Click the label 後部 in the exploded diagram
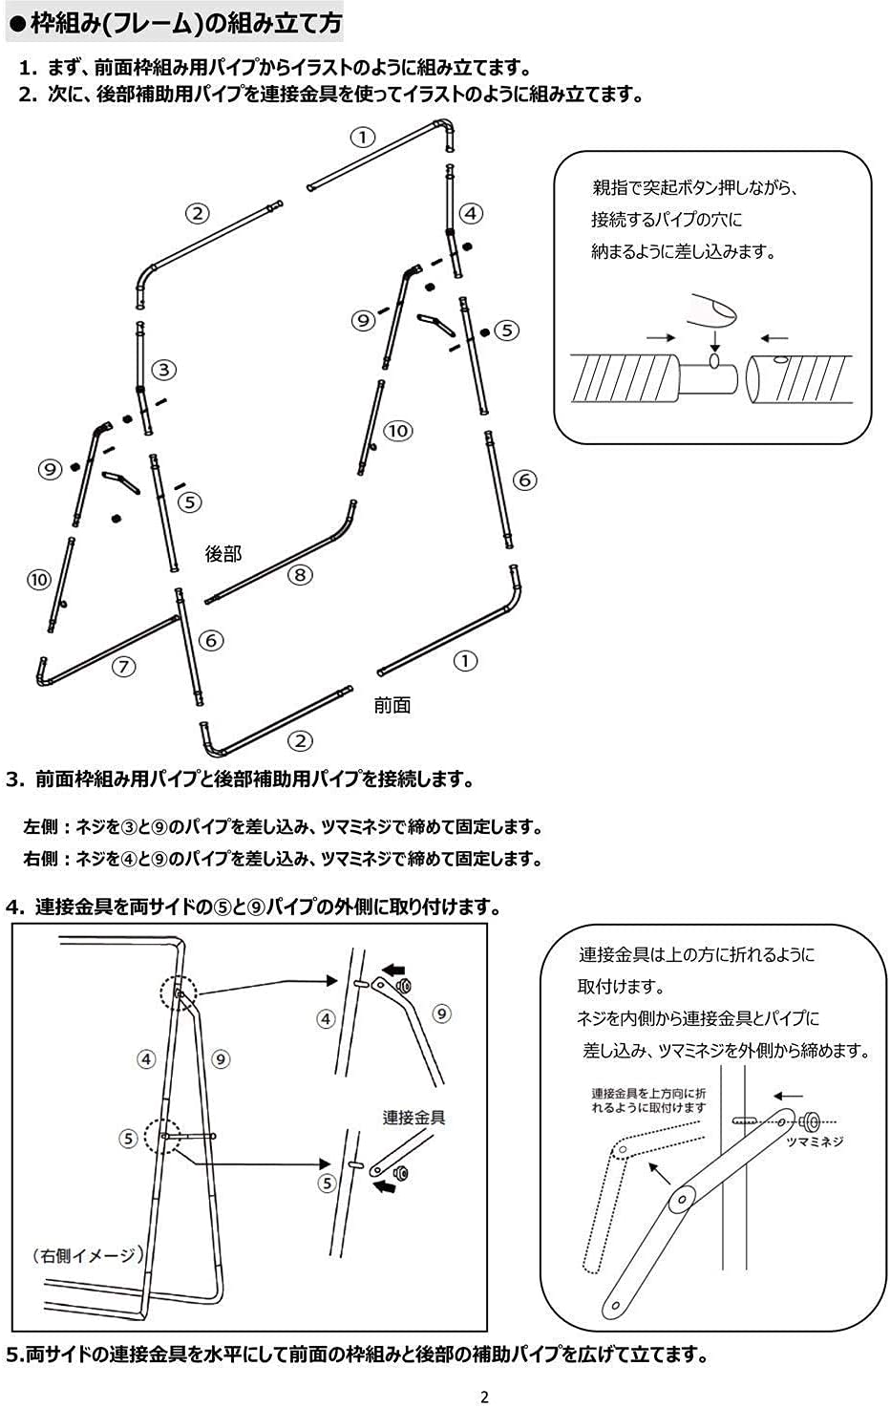[x=223, y=553]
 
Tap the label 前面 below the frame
[x=392, y=705]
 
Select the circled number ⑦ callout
[x=124, y=666]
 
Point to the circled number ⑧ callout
[x=300, y=574]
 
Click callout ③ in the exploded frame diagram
[x=164, y=370]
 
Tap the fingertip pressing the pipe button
[x=714, y=308]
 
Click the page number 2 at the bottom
[x=484, y=1397]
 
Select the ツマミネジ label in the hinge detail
[x=815, y=1141]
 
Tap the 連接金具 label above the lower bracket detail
[x=414, y=1117]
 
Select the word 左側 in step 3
[x=40, y=827]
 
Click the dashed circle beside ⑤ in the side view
[x=162, y=1137]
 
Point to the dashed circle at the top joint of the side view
[x=179, y=994]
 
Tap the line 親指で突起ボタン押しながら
[x=694, y=187]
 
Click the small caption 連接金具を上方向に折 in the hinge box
[x=648, y=1093]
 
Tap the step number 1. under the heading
[x=29, y=68]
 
